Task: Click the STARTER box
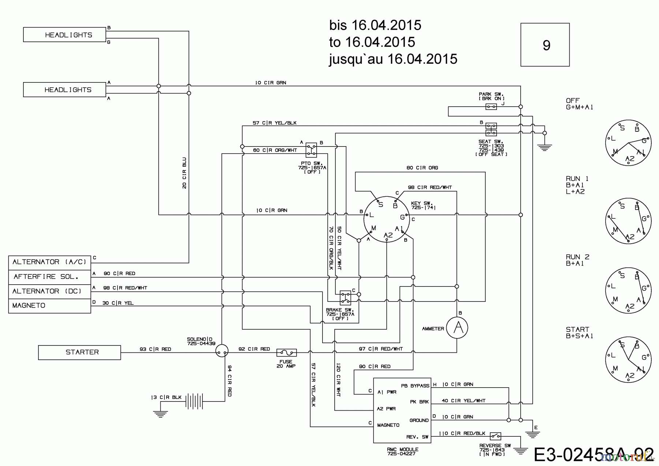(79, 352)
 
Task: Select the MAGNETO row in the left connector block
(49, 306)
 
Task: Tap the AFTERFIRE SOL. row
(49, 277)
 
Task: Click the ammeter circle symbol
(457, 328)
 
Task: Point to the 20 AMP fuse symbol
(286, 352)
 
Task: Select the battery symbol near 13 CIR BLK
(194, 401)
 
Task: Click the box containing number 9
(545, 45)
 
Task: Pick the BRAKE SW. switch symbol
(345, 297)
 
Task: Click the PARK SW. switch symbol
(491, 107)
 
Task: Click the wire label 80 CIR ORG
(422, 168)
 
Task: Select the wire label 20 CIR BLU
(184, 173)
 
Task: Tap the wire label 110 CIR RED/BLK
(462, 433)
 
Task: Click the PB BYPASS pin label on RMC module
(415, 385)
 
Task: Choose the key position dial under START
(628, 360)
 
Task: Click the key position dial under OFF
(628, 143)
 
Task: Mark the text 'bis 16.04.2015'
(375, 25)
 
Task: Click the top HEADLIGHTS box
(64, 34)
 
